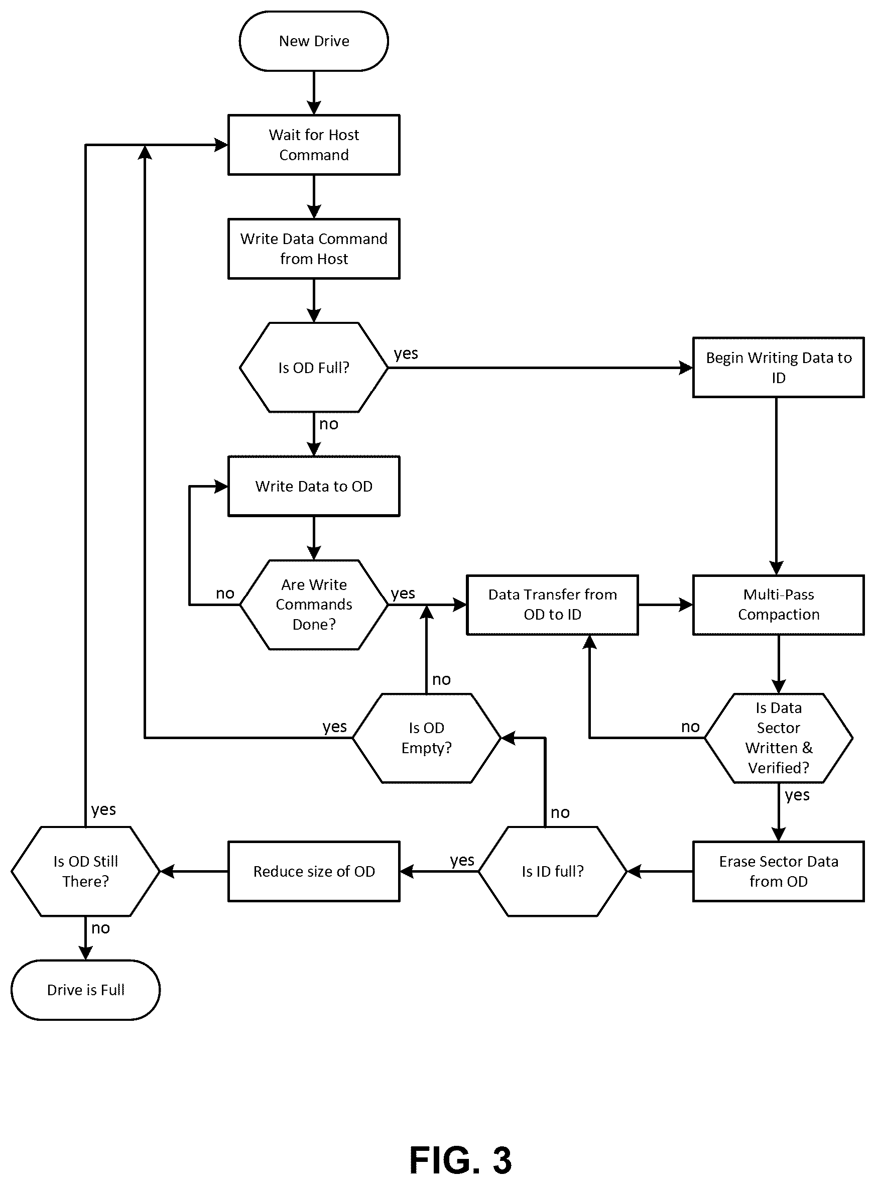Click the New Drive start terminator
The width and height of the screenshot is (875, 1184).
coord(314,41)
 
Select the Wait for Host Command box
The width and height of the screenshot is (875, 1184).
coord(314,145)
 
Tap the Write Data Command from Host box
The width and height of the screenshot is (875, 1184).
coord(314,249)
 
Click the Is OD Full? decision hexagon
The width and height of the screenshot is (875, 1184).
coord(314,368)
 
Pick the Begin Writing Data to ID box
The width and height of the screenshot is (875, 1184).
coord(778,368)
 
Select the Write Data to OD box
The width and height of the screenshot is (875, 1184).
coord(314,487)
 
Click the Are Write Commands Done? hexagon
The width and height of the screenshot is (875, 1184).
coord(314,605)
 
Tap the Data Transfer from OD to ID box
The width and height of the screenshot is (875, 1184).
coord(552,605)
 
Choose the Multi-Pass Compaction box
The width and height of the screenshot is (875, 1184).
coord(778,605)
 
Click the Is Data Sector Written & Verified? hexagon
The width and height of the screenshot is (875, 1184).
coord(778,738)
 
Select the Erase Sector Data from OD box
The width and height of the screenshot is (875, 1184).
coord(778,872)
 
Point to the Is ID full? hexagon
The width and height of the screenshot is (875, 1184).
coord(552,872)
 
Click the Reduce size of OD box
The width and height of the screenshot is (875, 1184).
coord(314,872)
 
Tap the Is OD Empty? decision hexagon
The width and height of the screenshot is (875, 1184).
coord(426,738)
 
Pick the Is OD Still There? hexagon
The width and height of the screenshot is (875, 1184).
coord(85,872)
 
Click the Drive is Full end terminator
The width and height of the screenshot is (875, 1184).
coord(85,990)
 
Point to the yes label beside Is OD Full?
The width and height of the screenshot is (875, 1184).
coord(406,353)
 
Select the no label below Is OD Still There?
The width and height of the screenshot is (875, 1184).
coord(100,928)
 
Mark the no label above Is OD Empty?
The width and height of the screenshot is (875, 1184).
coord(441,680)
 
